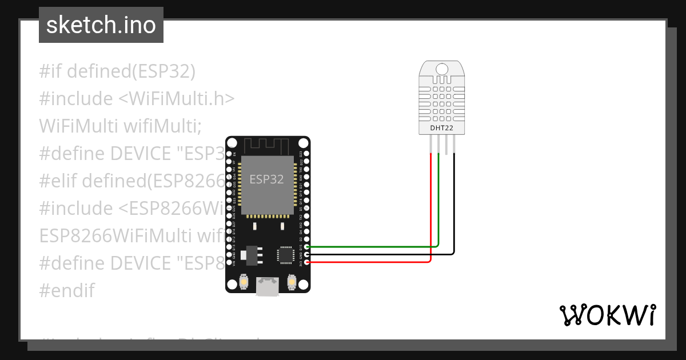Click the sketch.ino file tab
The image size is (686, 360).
[x=101, y=25]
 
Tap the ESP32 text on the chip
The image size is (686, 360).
[x=266, y=179]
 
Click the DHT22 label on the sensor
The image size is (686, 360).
[x=442, y=128]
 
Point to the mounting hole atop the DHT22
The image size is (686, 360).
[x=442, y=69]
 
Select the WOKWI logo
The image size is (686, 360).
[x=607, y=315]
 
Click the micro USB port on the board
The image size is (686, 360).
[x=268, y=286]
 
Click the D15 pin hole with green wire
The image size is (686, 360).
[x=308, y=247]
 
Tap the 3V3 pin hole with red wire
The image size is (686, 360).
[x=308, y=262]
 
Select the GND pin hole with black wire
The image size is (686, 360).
[x=308, y=254]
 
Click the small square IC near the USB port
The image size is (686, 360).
[x=285, y=255]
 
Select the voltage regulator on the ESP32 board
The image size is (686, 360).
[x=250, y=255]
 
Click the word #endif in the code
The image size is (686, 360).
[x=66, y=290]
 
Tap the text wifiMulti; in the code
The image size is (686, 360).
[x=162, y=126]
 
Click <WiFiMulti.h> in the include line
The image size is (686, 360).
[x=177, y=98]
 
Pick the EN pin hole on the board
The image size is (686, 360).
[x=229, y=154]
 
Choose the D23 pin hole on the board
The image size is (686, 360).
[x=308, y=154]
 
